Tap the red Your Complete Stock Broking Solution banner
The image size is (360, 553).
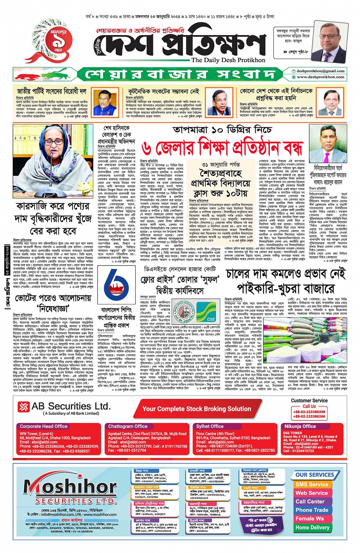[x=197, y=409]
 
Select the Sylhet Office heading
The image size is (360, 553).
[x=210, y=426]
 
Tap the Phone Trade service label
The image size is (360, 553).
[x=312, y=510]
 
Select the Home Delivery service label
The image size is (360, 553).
[x=312, y=527]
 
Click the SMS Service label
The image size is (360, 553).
[x=312, y=484]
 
